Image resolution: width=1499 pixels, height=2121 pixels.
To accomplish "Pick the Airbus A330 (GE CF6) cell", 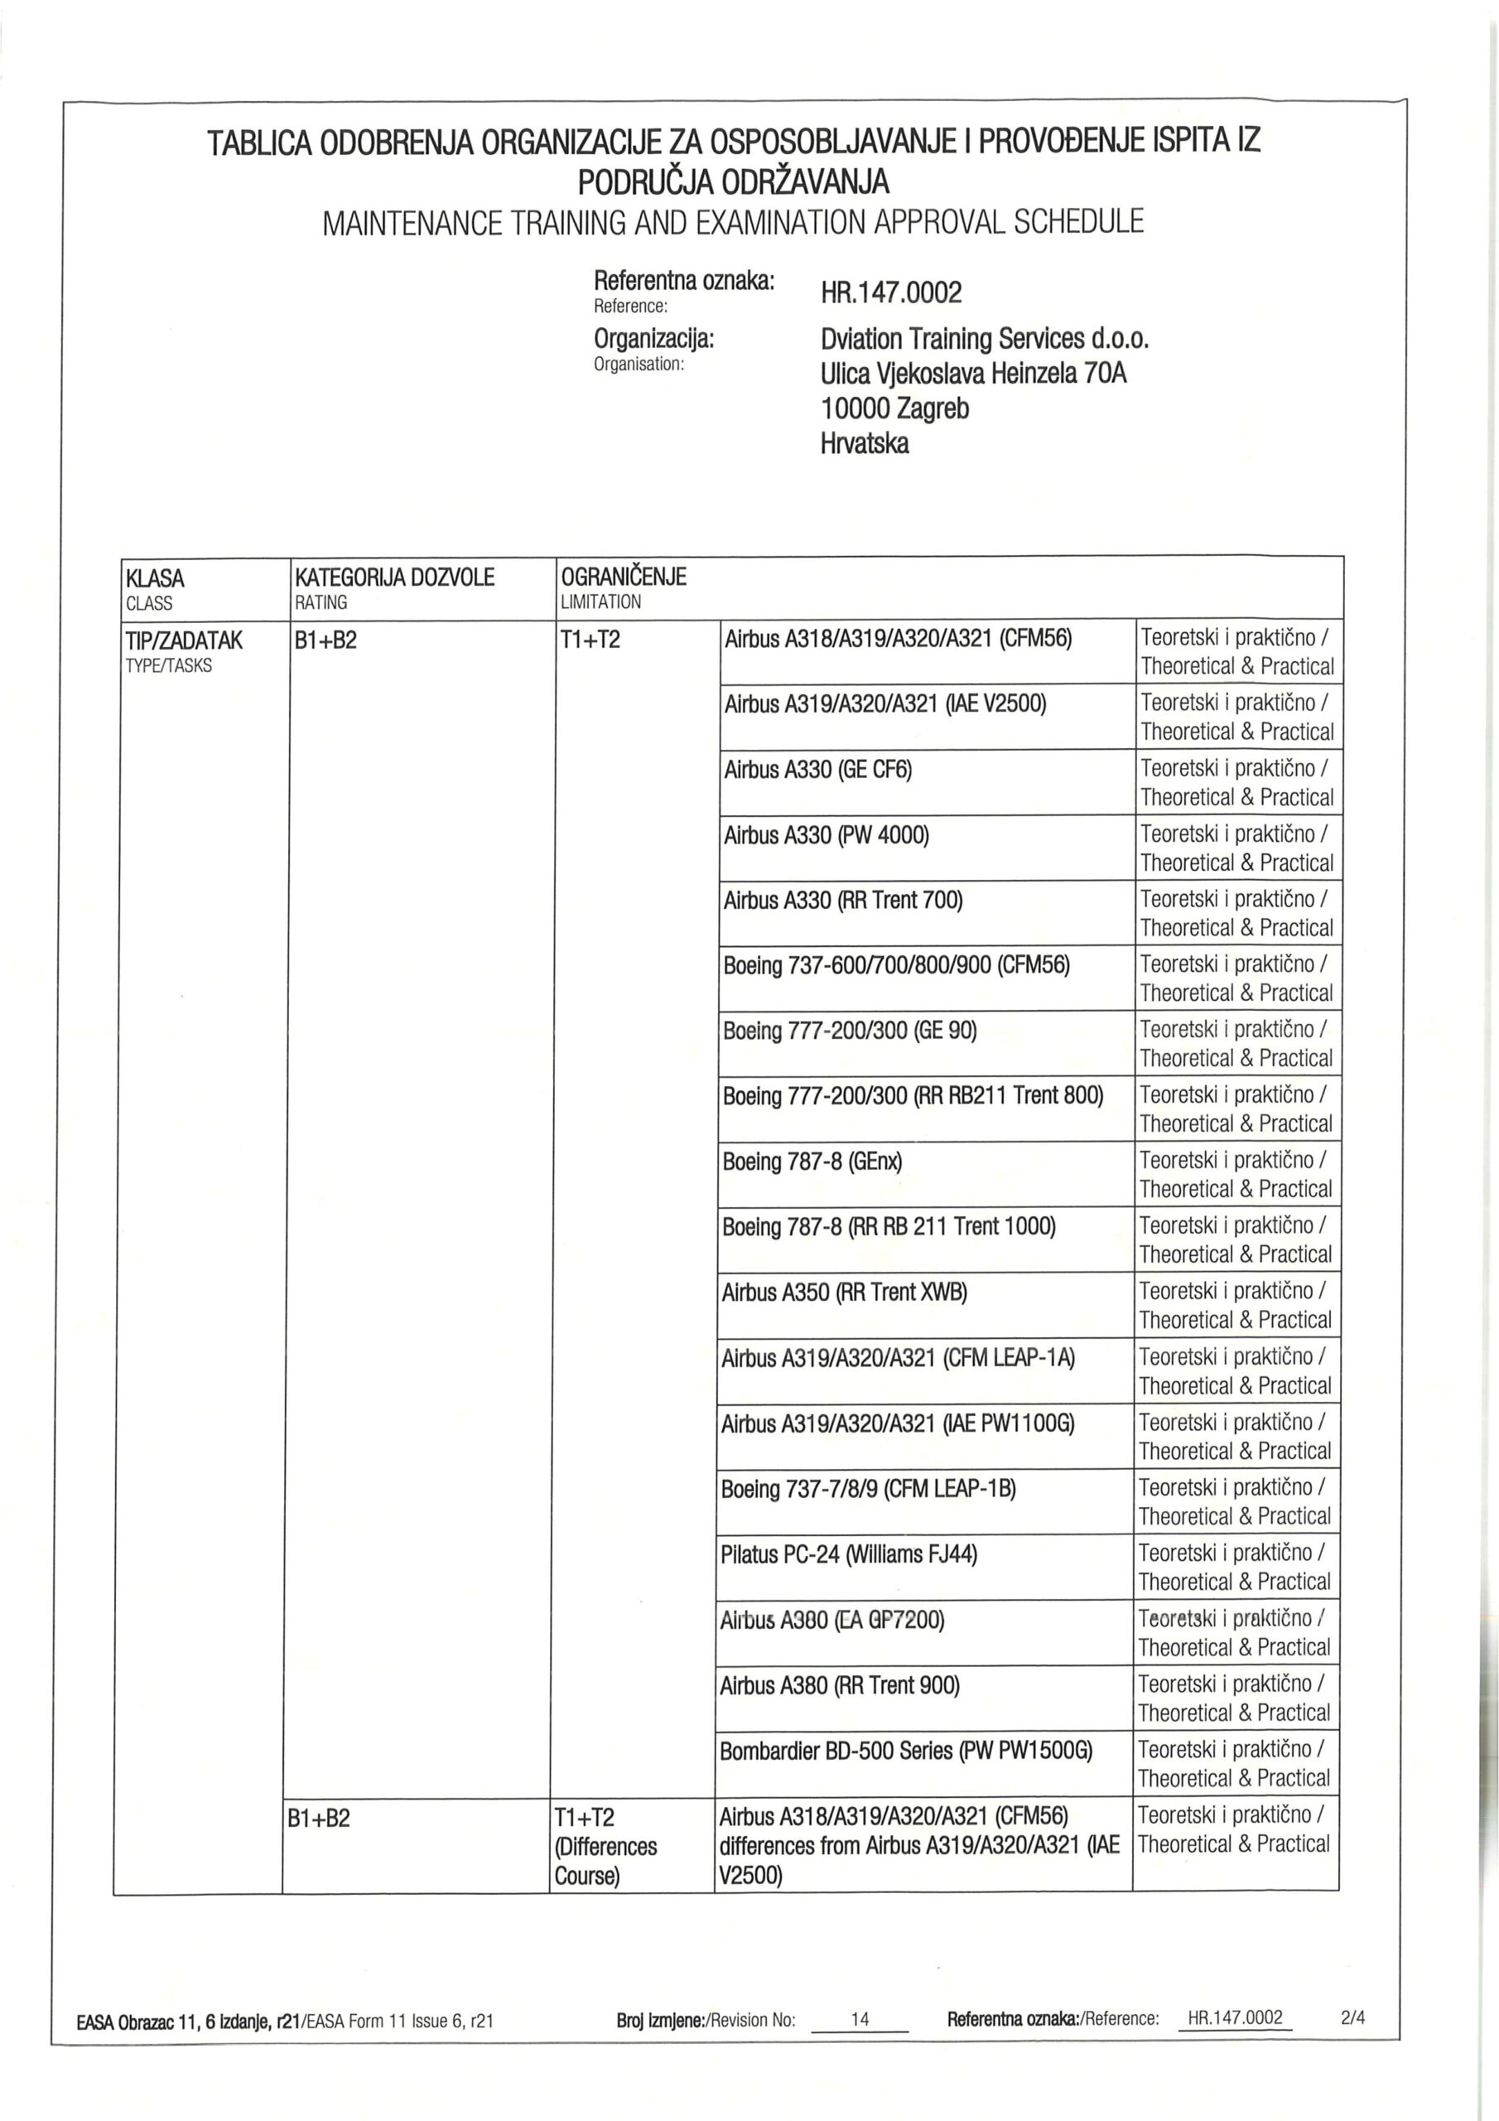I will coord(817,771).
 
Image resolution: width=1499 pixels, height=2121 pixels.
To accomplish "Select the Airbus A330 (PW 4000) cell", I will coord(826,836).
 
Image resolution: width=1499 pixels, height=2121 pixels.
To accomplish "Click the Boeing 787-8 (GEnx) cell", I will coord(812,1162).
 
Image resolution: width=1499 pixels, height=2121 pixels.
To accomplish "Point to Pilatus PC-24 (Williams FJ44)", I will coord(848,1555).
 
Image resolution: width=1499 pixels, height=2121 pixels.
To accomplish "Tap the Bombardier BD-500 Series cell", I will coord(905,1751).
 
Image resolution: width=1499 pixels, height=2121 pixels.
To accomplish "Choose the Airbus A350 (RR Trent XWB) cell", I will coord(844,1292).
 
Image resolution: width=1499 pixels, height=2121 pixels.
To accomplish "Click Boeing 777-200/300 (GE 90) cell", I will coord(849,1031).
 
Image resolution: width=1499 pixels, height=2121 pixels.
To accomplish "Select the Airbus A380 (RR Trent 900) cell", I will coord(840,1686).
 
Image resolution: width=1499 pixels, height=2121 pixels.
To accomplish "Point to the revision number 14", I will coord(860,2018).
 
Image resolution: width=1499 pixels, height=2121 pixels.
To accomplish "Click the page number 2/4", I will coord(1352,2017).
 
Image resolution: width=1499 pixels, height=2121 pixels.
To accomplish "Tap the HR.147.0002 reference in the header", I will coord(891,294).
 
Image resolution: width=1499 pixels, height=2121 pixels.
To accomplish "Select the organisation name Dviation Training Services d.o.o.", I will coord(985,339).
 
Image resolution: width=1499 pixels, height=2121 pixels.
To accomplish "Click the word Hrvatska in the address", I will coord(865,443).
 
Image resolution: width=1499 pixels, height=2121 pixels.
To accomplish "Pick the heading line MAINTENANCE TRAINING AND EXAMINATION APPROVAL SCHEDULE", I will coord(732,223).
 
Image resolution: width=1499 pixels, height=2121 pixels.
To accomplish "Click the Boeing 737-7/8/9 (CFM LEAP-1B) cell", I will coord(867,1489).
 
